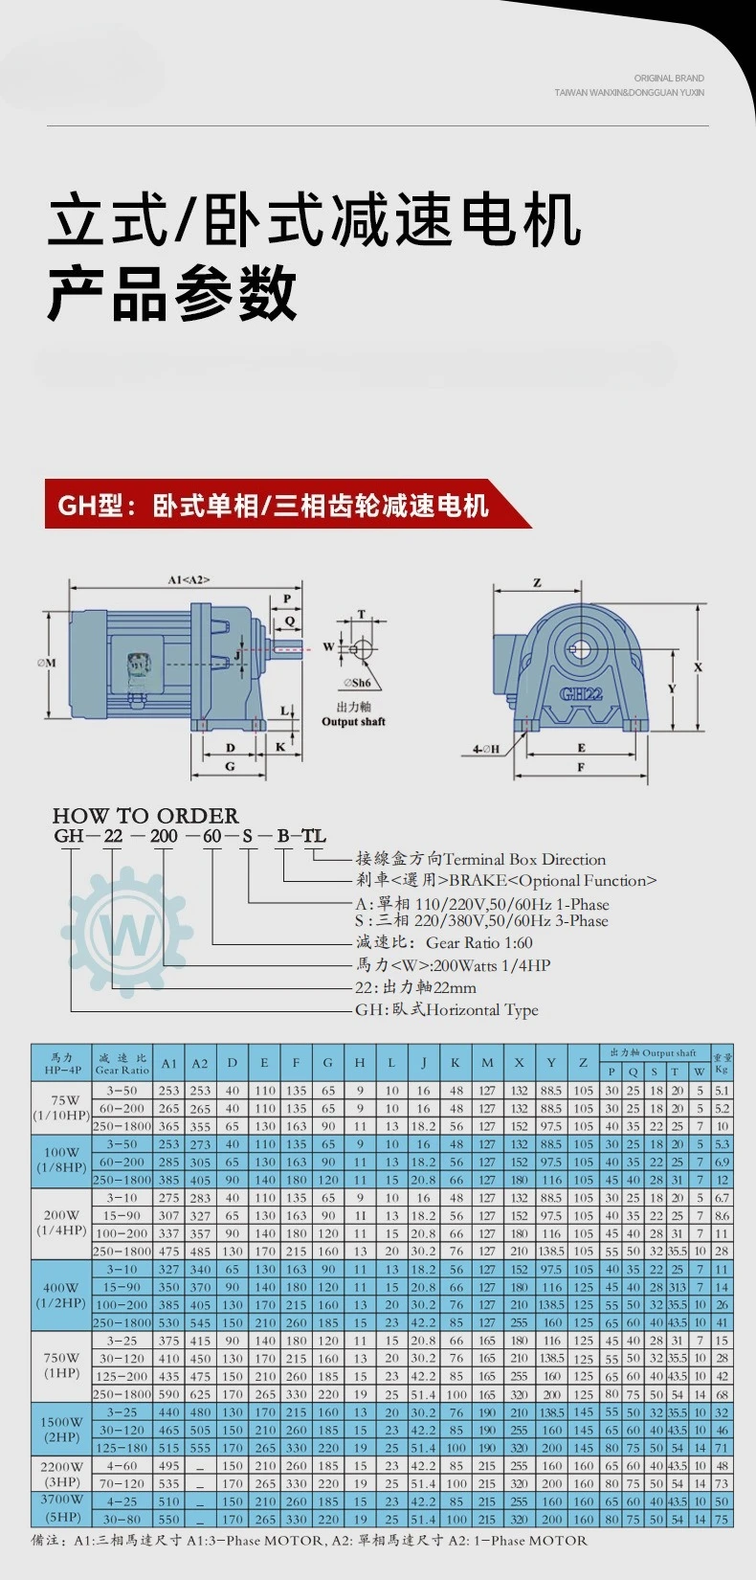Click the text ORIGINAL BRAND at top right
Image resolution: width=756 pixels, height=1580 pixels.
click(669, 79)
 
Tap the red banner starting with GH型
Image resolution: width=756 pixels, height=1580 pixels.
click(274, 505)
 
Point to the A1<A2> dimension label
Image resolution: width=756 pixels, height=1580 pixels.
click(188, 580)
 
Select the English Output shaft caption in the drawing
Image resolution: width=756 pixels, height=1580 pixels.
click(353, 722)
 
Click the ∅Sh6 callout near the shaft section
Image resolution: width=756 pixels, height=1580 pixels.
click(357, 683)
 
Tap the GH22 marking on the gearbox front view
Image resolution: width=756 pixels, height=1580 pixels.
click(581, 693)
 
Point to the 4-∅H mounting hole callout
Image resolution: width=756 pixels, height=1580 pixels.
click(485, 749)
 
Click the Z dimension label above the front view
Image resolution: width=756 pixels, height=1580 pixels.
click(537, 583)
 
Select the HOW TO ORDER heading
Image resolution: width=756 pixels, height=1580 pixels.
click(145, 816)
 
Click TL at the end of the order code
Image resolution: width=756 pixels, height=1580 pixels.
click(314, 836)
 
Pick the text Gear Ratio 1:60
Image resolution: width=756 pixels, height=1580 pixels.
click(479, 943)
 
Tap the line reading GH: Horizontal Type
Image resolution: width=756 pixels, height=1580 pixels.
click(447, 1010)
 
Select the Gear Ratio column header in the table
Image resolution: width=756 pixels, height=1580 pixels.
click(122, 1064)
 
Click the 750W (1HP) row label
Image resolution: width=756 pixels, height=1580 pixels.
click(61, 1366)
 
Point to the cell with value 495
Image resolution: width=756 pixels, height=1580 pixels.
click(169, 1466)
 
